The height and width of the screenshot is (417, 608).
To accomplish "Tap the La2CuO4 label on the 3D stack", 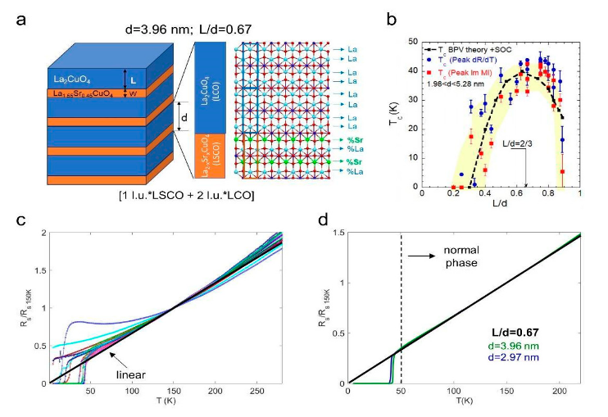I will coord(68,79).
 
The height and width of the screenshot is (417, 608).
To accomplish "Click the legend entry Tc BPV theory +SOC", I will coord(487,51).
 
